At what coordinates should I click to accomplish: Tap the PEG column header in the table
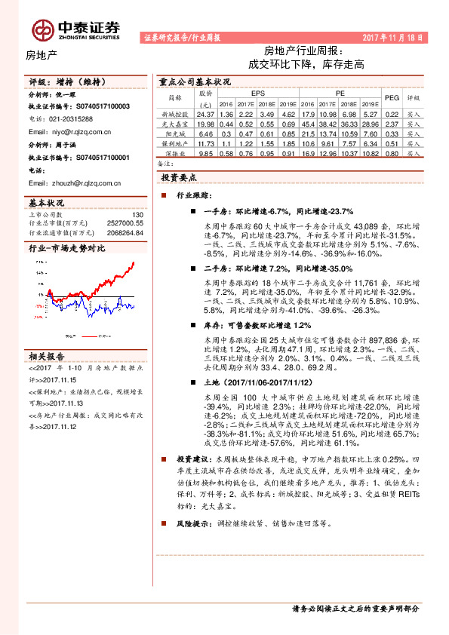392,97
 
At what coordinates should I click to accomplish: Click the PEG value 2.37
392,123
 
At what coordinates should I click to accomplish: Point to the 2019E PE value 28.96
369,123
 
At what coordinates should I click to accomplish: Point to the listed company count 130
137,215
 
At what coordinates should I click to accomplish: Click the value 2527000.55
126,223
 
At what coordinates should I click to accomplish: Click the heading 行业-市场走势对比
67,248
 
